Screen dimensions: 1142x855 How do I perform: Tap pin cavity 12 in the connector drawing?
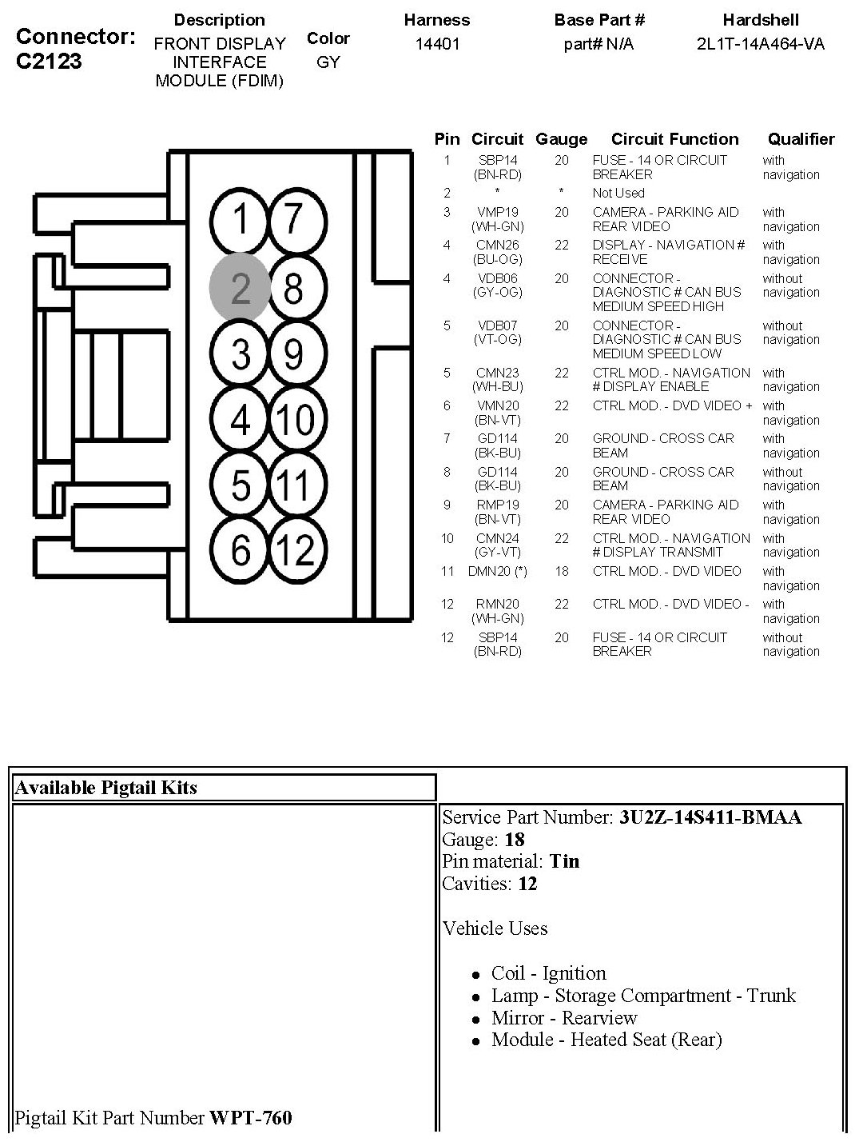[294, 550]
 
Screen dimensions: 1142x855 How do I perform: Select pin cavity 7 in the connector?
[294, 220]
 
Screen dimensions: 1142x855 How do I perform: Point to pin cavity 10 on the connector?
[294, 419]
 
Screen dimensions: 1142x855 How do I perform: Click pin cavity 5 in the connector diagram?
[240, 485]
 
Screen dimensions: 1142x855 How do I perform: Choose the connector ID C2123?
[49, 62]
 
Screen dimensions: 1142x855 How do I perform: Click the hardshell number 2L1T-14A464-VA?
[760, 44]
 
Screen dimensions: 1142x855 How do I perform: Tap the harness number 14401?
[437, 44]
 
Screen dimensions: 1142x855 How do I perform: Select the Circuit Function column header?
[674, 139]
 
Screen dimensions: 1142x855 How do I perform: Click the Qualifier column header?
[801, 139]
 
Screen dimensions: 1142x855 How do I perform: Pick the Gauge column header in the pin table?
[561, 139]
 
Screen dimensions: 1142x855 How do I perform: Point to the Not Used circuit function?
[618, 193]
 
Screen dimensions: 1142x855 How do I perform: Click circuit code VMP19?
[498, 212]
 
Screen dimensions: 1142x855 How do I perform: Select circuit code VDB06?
[498, 278]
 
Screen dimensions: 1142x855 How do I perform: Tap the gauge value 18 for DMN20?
[561, 571]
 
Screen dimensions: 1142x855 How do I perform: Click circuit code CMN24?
[498, 538]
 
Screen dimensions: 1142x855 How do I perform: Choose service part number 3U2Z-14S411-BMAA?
[710, 817]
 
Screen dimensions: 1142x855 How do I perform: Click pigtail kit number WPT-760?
[250, 1117]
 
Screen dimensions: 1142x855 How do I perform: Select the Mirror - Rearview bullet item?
[563, 1018]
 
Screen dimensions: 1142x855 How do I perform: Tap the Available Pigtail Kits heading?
[105, 788]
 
